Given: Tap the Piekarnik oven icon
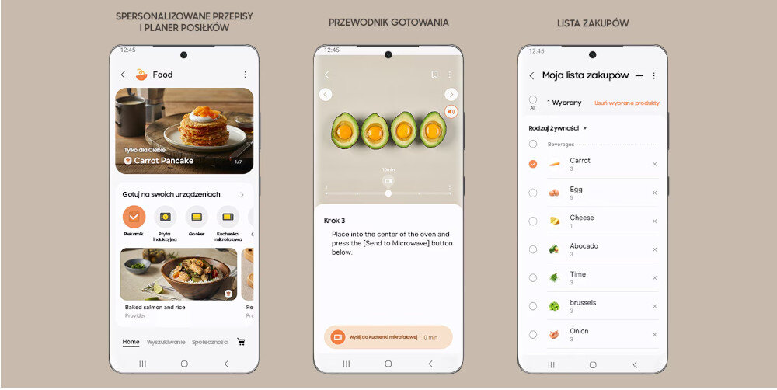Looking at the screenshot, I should point(134,217).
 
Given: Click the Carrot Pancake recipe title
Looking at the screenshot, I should point(164,161).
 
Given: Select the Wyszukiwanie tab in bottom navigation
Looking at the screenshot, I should point(166,342).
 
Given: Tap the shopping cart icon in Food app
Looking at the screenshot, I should point(241,342).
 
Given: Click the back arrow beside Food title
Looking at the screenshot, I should point(123,75).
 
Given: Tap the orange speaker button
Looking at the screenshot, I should point(451,111).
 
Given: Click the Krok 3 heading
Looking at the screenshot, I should point(334,221).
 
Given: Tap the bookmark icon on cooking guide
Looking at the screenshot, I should point(434,75).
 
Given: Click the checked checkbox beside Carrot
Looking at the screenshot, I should point(532,164).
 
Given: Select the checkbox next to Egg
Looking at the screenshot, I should point(532,193).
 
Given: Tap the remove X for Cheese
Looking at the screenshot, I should point(654,221).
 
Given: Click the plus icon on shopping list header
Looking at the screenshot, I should point(639,75).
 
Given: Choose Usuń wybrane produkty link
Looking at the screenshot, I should point(627,103).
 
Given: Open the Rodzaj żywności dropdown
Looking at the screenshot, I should point(558,128).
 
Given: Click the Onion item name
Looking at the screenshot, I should point(579,331).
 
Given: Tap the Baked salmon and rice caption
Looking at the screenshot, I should point(155,307).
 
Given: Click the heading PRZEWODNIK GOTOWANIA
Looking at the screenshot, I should point(388,23).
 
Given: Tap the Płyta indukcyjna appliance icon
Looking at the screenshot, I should point(165,217).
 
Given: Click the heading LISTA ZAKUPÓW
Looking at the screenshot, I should point(593,23).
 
